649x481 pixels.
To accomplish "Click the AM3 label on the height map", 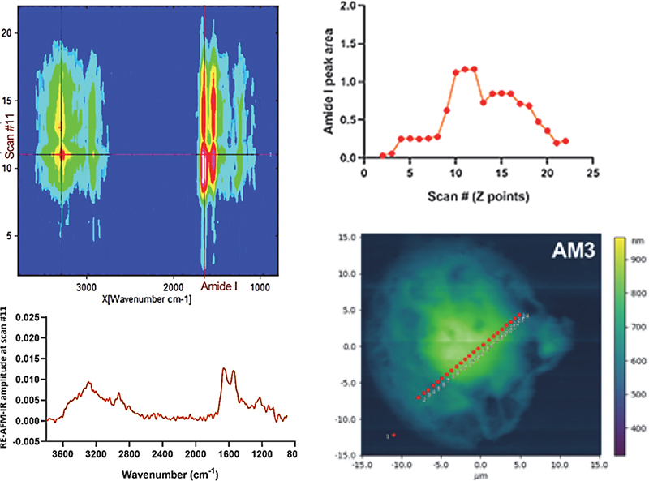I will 576,251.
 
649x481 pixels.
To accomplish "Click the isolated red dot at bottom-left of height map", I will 394,436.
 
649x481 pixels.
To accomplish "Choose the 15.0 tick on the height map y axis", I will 347,237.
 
